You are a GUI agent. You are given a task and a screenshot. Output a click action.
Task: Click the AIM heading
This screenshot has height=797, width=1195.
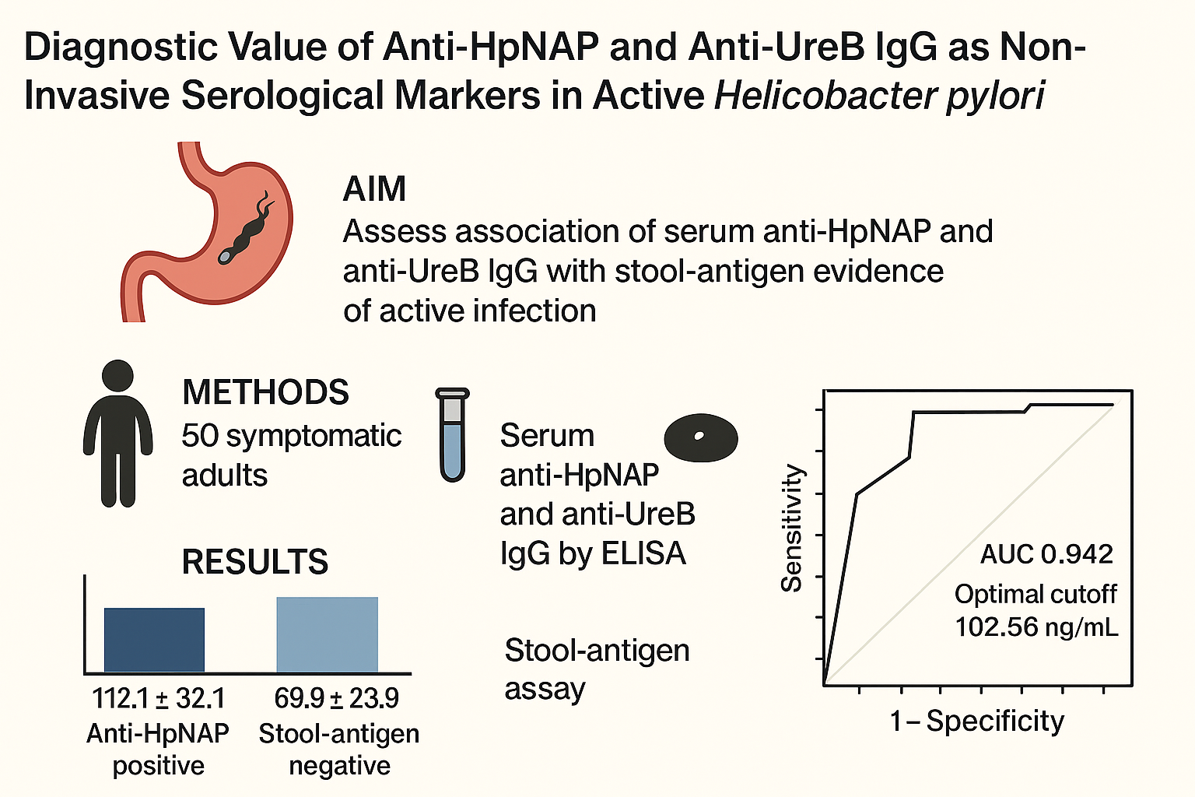(x=374, y=189)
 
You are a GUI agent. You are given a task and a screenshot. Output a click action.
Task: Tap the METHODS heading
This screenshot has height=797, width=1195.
(x=265, y=392)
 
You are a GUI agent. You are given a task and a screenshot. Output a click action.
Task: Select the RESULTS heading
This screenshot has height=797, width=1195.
(x=254, y=562)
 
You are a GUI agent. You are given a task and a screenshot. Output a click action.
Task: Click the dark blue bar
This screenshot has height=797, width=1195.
(x=154, y=639)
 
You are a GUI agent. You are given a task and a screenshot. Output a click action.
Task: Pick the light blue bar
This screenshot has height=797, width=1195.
(x=327, y=634)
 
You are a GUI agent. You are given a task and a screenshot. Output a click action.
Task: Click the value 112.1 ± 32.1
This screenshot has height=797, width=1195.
(x=158, y=698)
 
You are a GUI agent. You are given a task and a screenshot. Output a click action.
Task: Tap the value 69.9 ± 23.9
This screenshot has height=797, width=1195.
(x=336, y=698)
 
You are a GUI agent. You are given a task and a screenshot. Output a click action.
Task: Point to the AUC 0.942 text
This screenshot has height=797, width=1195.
(x=1046, y=554)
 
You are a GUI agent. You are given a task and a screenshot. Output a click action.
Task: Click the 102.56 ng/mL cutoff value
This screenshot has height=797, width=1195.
(x=1036, y=627)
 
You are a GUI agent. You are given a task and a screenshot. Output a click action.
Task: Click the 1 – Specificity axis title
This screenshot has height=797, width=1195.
(x=976, y=722)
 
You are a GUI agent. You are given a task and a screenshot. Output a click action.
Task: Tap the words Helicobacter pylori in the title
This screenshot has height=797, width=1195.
(x=879, y=96)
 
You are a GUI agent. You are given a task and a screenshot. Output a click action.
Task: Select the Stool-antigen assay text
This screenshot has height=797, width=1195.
(x=597, y=669)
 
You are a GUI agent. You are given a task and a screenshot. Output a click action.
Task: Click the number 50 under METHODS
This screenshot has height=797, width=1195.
(x=199, y=436)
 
